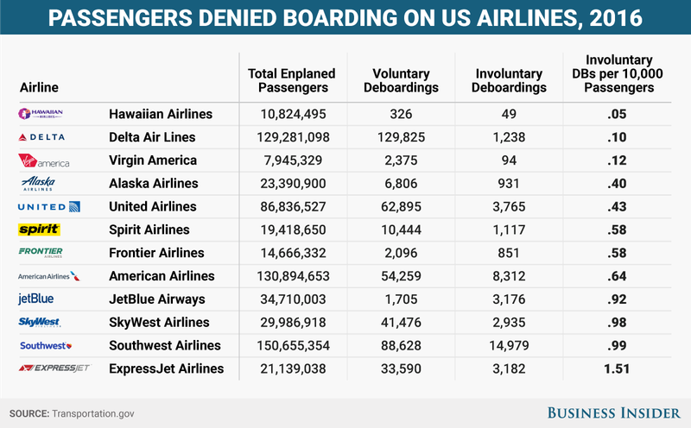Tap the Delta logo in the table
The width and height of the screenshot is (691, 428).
coord(41,137)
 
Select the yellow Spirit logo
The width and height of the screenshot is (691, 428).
coord(39,230)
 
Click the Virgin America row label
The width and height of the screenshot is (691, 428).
coord(153,160)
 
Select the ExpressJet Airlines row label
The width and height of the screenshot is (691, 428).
coord(166,368)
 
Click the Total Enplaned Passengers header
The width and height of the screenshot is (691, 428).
coord(291,81)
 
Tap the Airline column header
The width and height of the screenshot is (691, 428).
coord(39,87)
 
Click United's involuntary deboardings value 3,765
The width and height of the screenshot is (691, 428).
coord(507,206)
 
